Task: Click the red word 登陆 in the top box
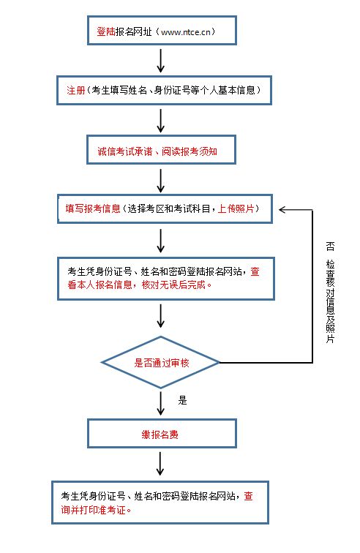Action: click(x=105, y=32)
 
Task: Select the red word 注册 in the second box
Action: click(x=75, y=91)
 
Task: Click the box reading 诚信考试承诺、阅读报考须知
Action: click(x=161, y=151)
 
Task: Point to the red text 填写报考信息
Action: click(x=91, y=209)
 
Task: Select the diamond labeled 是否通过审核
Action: click(x=160, y=362)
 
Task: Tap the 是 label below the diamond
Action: click(x=183, y=400)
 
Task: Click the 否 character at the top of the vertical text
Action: click(x=331, y=247)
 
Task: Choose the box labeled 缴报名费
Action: click(x=161, y=434)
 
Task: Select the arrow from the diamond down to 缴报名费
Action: click(x=160, y=402)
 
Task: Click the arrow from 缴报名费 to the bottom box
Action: click(x=160, y=464)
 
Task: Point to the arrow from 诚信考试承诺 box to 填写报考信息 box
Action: click(x=161, y=179)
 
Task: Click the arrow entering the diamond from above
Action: click(x=160, y=317)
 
